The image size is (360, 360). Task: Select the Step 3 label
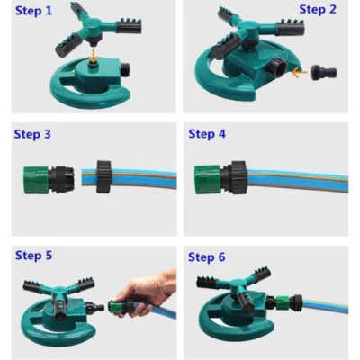pyautogui.click(x=32, y=134)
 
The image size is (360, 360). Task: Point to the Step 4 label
pyautogui.click(x=207, y=134)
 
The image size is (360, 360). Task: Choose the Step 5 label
pyautogui.click(x=34, y=256)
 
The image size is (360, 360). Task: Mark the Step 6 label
pyautogui.click(x=207, y=257)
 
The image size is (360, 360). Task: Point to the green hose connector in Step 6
pyautogui.click(x=290, y=300)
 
